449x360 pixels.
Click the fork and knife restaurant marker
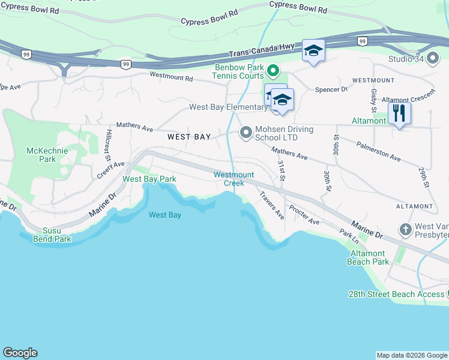tap(399, 113)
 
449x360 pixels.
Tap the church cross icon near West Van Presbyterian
tap(405, 229)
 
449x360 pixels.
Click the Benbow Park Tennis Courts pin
tap(273, 71)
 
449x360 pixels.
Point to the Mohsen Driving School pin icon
tap(246, 132)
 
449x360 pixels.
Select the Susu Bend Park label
tap(56, 235)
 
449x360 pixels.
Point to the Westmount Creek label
tap(234, 179)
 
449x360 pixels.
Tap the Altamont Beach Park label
tap(369, 257)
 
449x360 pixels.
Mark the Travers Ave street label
tap(271, 205)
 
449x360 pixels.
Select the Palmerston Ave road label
tap(378, 152)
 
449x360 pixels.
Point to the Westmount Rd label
tap(171, 77)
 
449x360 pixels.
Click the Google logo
tap(20, 353)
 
